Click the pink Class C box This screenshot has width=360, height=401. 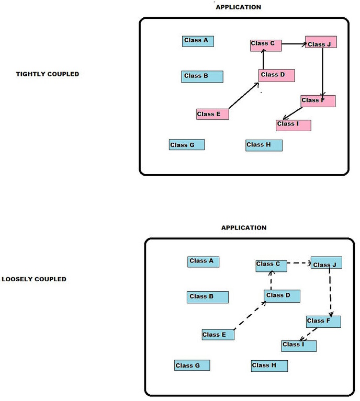266,45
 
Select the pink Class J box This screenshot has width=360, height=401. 321,42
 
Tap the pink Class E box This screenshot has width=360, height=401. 212,114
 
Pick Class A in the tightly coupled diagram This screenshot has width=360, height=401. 198,41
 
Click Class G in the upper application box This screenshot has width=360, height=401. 186,144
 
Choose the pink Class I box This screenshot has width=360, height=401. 293,125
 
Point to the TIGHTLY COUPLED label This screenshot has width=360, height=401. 48,74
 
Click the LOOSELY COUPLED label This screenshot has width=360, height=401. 34,279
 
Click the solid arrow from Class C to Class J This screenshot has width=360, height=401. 294,44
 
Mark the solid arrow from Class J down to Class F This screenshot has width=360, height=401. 322,72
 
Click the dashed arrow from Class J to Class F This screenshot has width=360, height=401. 331,293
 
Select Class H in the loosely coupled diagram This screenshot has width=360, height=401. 269,365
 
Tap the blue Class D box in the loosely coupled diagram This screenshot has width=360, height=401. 282,296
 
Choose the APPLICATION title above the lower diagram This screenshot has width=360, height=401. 244,228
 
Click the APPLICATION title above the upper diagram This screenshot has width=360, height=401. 238,7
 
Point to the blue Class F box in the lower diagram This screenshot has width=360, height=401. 323,321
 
